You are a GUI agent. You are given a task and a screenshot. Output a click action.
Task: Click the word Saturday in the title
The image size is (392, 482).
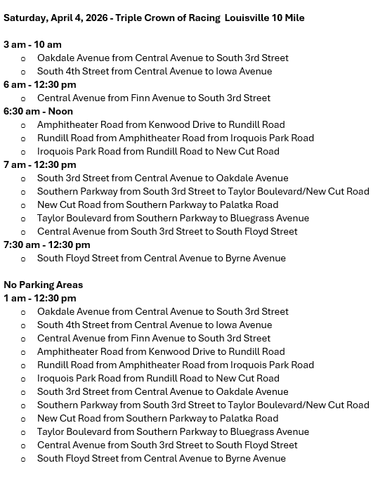pyautogui.click(x=25, y=18)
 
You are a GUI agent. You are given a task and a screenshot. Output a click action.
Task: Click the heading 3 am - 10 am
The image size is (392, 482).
pyautogui.click(x=32, y=44)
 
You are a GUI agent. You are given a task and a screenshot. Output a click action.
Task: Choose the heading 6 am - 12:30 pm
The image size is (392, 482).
pyautogui.click(x=39, y=84)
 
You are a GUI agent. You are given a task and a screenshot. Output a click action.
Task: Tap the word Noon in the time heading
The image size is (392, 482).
pyautogui.click(x=60, y=111)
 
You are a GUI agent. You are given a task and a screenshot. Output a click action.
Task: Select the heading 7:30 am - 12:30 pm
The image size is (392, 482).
pyautogui.click(x=46, y=245)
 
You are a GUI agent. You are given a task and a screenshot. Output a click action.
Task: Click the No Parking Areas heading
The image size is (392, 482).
pyautogui.click(x=43, y=285)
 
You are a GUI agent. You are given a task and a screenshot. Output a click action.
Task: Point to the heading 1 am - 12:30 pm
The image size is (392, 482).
pyautogui.click(x=39, y=298)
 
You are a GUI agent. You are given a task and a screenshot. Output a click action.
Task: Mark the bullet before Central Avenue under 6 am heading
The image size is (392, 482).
pyautogui.click(x=24, y=98)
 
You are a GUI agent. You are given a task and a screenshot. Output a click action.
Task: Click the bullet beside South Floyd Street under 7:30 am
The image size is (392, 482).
pyautogui.click(x=24, y=259)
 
